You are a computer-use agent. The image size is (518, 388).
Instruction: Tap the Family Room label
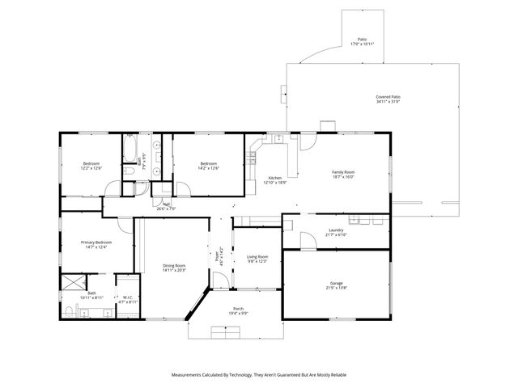point(343,171)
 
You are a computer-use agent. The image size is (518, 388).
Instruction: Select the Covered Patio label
point(388,97)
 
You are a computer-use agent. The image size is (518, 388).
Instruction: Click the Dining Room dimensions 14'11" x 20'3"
point(175,271)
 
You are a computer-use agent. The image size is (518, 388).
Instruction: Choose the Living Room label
point(257,256)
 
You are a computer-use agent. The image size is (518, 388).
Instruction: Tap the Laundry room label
point(336,230)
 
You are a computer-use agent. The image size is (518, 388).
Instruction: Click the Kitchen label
point(275,178)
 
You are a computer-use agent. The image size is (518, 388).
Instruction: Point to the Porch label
point(238,309)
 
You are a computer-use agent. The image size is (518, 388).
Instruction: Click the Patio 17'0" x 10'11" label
point(362,43)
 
